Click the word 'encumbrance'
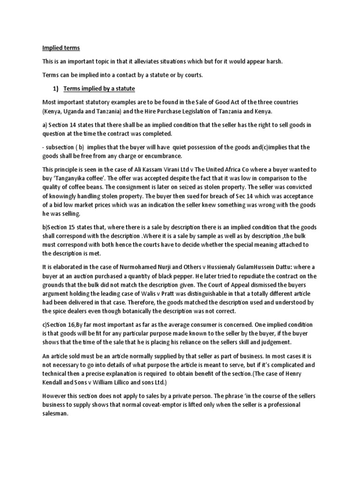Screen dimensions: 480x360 click(x=165, y=157)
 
